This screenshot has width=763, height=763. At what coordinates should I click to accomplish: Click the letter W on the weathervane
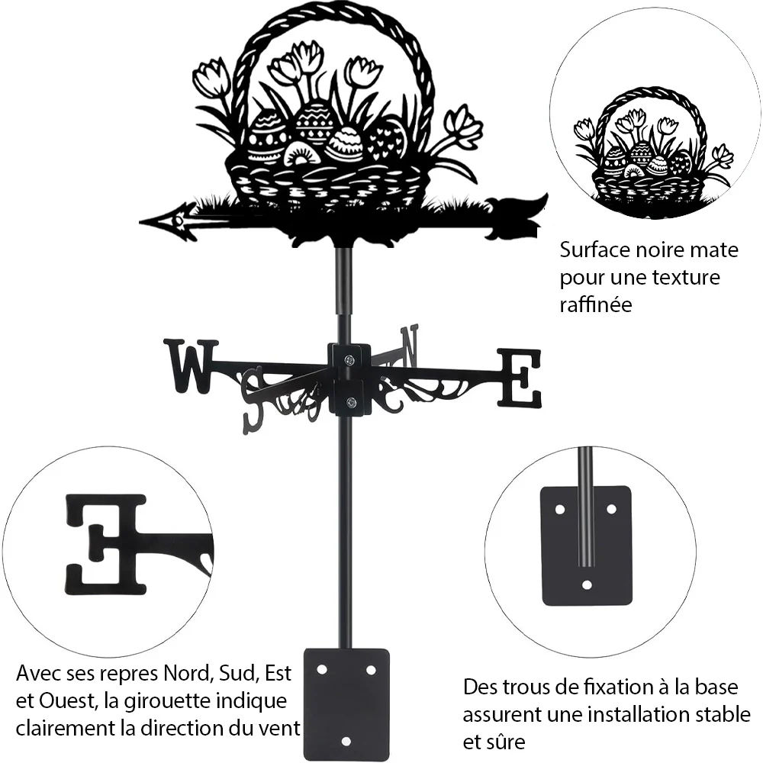tap(191, 366)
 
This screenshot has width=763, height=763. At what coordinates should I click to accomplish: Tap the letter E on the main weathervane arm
tap(519, 378)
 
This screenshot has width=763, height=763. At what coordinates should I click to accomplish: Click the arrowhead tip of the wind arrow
tap(140, 223)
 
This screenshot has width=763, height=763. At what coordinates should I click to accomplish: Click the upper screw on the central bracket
tap(349, 360)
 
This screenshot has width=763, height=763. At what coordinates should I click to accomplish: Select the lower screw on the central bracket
tap(350, 402)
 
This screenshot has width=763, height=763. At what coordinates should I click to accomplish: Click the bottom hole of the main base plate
tap(346, 742)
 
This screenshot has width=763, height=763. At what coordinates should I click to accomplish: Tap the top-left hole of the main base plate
tap(322, 670)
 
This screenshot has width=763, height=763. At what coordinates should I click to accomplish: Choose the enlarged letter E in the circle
tap(106, 545)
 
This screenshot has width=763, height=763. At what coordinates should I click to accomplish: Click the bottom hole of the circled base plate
tap(587, 584)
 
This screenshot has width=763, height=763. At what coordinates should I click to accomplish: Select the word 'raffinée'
tap(596, 304)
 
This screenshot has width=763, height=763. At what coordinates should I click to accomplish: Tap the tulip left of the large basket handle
tap(211, 78)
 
